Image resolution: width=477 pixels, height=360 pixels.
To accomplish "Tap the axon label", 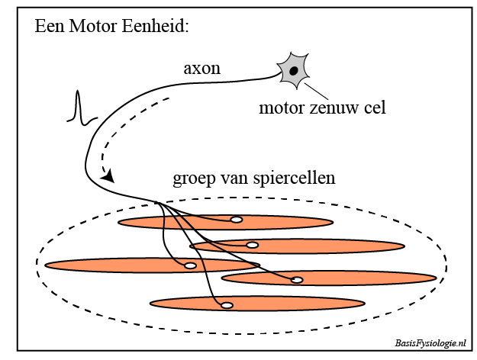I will (202, 68).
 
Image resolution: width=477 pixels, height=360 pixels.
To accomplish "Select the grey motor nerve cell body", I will (293, 71).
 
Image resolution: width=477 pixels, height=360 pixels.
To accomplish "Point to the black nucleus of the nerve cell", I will (294, 71).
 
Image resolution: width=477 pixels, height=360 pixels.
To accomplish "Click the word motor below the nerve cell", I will (280, 108).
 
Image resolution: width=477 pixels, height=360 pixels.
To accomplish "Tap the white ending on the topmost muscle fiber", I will (237, 220).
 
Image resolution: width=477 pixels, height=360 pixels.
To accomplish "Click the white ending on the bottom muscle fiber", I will (227, 305).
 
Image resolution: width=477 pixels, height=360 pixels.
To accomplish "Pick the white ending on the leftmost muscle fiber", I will (191, 265).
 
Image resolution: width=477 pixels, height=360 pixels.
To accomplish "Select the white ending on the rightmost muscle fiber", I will (297, 280).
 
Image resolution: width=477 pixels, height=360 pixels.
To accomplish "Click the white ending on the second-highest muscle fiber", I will (252, 246).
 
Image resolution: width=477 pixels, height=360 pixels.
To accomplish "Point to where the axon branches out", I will (157, 203).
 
